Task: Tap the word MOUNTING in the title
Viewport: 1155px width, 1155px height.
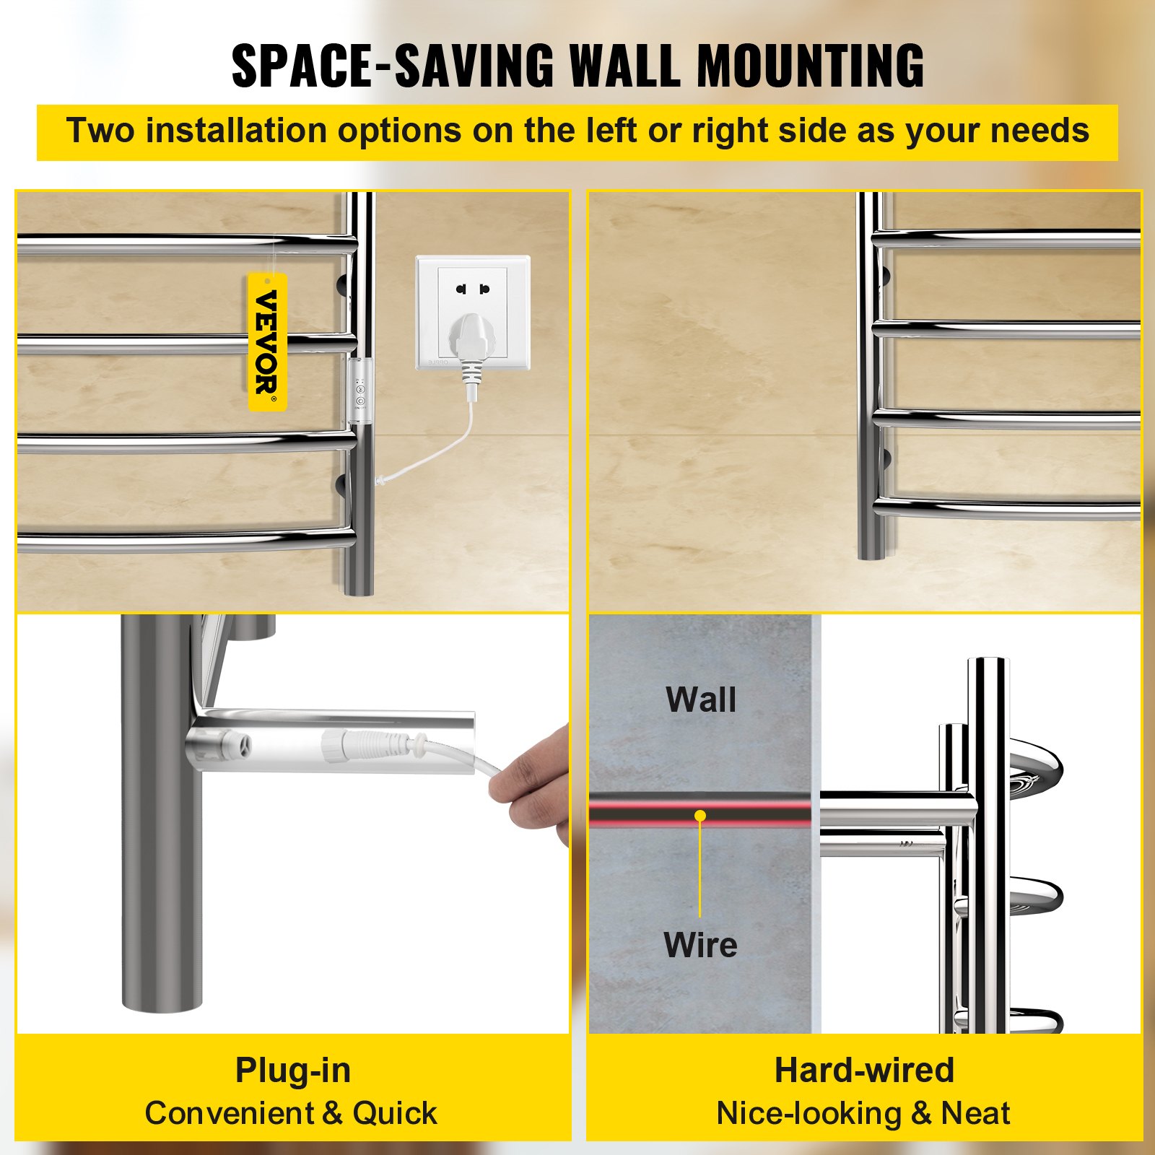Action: coord(811,66)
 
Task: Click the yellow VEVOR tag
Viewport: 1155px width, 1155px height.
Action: coord(268,342)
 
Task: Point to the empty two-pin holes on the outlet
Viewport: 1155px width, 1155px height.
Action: coord(472,289)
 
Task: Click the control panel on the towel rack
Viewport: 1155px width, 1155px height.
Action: coord(359,386)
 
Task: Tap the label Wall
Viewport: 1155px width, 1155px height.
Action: coord(701,699)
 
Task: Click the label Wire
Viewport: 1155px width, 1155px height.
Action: coord(700,945)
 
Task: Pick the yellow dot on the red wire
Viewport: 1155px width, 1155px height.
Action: coord(700,816)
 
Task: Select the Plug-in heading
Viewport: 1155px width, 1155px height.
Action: coord(293,1070)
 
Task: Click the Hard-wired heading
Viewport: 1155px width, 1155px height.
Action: coord(864,1070)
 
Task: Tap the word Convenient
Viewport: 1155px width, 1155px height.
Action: coord(229,1113)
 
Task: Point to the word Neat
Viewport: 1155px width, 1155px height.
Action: coord(975,1113)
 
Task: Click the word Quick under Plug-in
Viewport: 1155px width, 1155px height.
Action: coord(394,1113)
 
